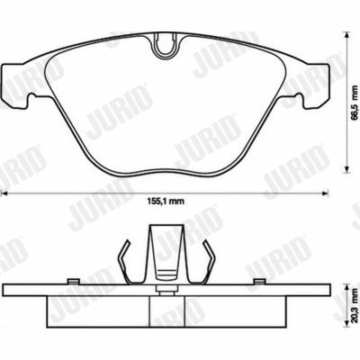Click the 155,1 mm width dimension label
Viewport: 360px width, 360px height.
166,202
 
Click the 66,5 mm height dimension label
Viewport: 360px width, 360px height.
355,103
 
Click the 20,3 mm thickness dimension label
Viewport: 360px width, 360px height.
355,305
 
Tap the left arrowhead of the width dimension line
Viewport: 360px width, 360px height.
4,193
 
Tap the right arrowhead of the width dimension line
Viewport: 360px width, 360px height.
325,193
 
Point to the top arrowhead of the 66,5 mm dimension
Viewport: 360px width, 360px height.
347,34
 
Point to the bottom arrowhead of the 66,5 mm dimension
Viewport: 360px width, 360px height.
347,170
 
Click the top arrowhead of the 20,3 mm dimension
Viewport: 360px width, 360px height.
347,285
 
